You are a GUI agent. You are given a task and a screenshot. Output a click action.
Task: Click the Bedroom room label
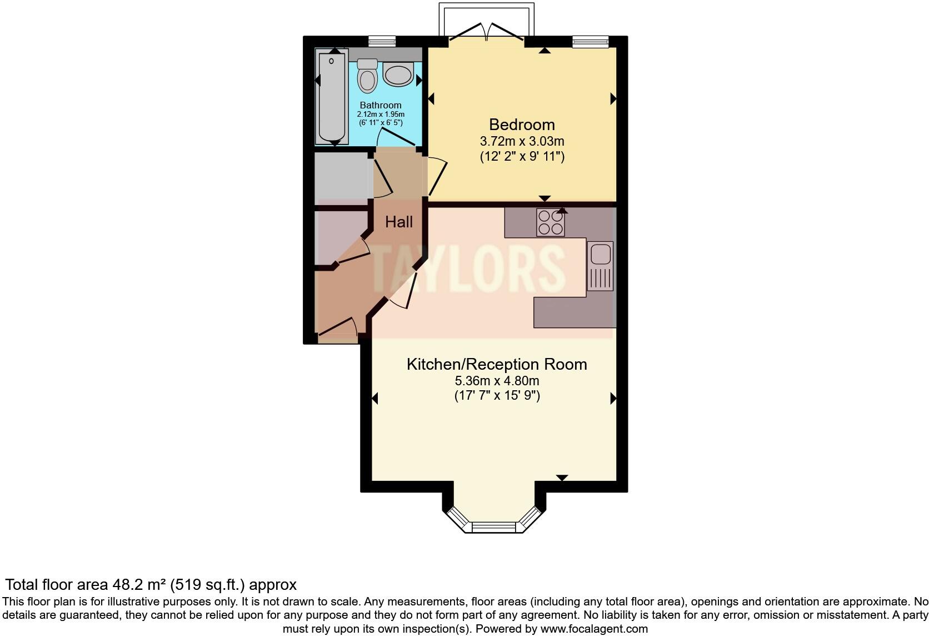[x=522, y=125]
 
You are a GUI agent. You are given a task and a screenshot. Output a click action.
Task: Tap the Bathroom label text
[x=381, y=105]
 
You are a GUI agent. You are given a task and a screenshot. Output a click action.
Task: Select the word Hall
[x=399, y=222]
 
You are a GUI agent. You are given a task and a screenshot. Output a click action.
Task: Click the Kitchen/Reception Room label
[x=497, y=365]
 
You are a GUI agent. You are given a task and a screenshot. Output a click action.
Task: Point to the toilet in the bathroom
[x=367, y=77]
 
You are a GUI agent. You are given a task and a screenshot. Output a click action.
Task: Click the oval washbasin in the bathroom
[x=398, y=74]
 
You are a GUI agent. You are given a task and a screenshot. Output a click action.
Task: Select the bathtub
[x=332, y=96]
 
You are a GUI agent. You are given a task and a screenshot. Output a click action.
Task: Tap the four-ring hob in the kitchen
[x=551, y=222]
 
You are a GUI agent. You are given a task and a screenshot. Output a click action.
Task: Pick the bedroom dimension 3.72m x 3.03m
[x=522, y=141]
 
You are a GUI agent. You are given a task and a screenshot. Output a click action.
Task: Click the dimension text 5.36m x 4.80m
[x=497, y=381]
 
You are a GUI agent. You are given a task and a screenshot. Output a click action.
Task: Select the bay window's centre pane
[x=494, y=526]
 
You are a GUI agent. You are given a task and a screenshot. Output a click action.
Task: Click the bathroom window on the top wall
[x=382, y=41]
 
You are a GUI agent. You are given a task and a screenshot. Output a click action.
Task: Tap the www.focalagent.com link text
[x=594, y=629]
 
